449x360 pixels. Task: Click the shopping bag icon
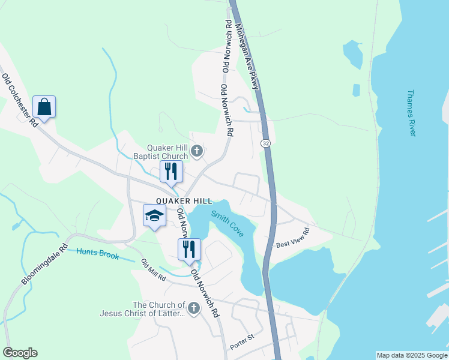point(44,107)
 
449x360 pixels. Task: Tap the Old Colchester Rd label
point(20,100)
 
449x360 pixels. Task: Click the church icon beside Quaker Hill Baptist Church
point(196,152)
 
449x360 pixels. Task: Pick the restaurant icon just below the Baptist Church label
point(171,172)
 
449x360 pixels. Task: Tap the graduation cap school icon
point(154,215)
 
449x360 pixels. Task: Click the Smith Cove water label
point(228,223)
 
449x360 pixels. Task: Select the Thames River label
point(411,113)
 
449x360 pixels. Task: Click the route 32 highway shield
point(265,143)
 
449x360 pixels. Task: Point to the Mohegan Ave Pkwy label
point(247,56)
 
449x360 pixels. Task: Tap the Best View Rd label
point(292,238)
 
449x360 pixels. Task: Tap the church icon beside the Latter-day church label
point(193,308)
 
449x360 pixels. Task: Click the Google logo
point(20,353)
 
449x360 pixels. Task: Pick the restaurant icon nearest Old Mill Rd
point(189,249)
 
